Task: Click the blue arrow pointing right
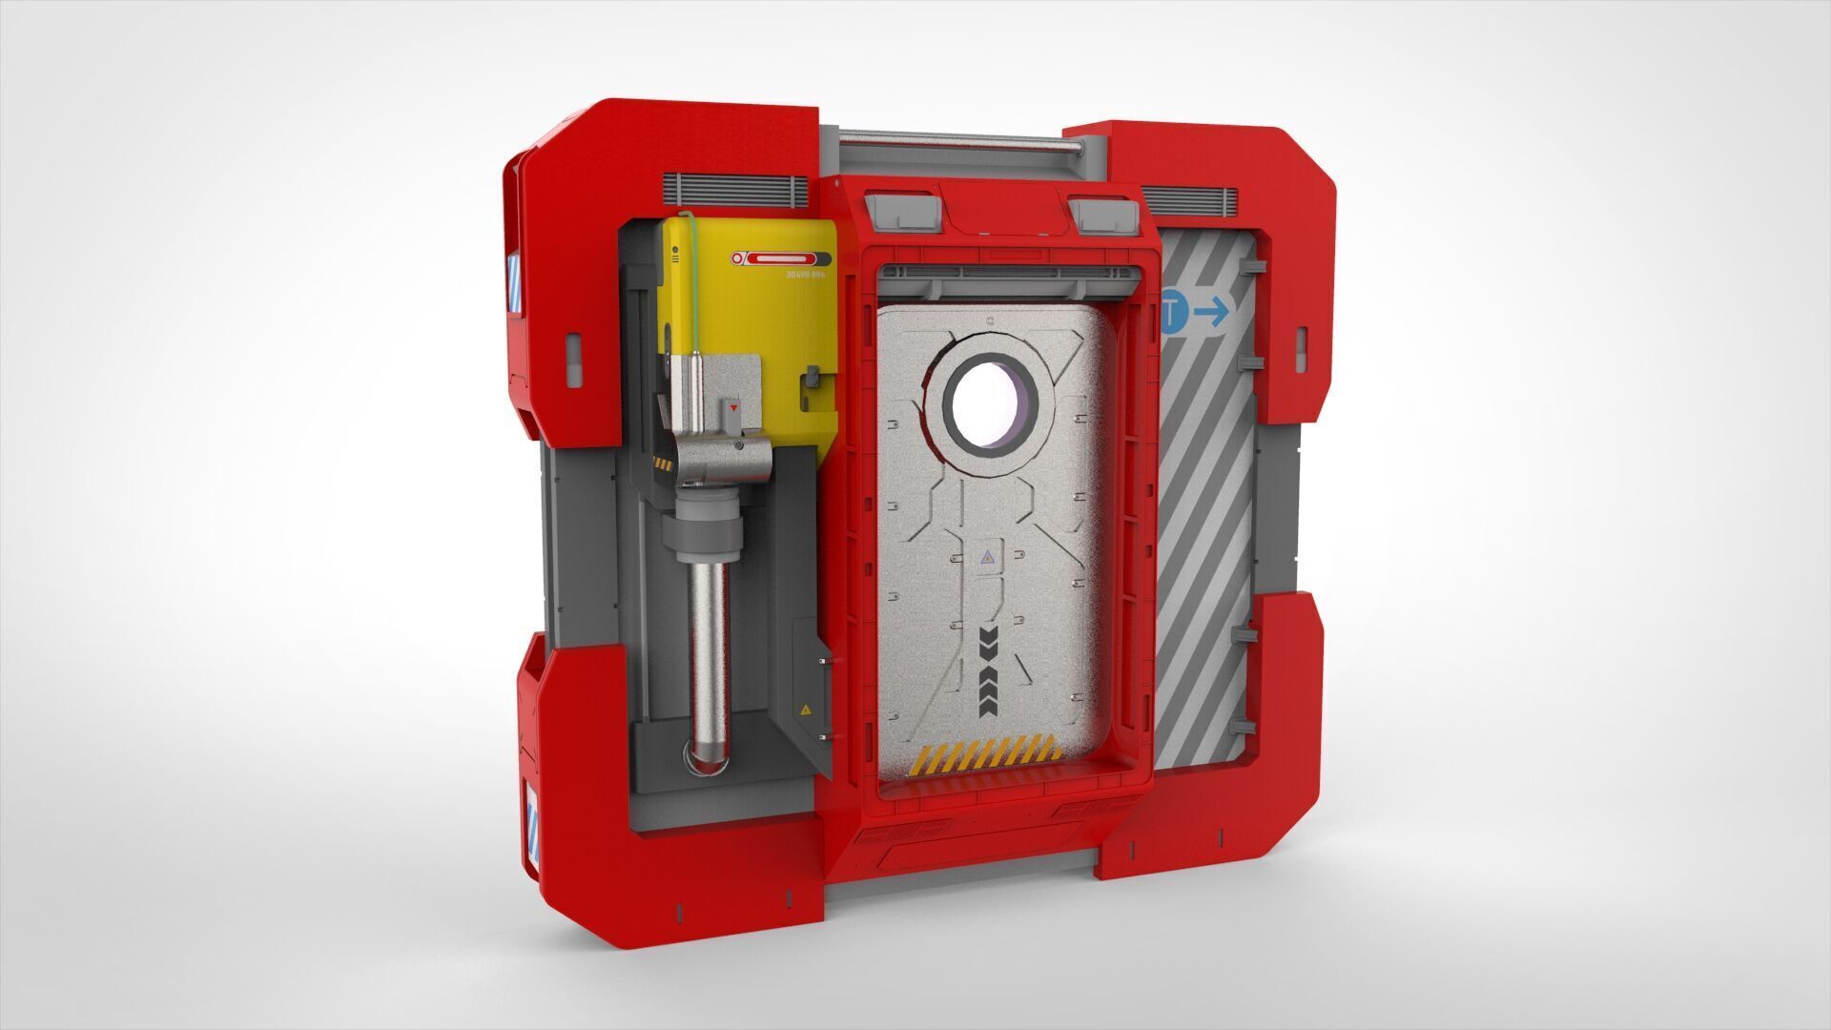pos(1212,311)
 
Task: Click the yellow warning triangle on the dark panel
pos(806,710)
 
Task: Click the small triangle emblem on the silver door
pos(987,557)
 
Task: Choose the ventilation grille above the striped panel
pos(1189,200)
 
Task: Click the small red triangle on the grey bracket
pos(732,408)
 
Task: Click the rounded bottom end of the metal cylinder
pos(707,757)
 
